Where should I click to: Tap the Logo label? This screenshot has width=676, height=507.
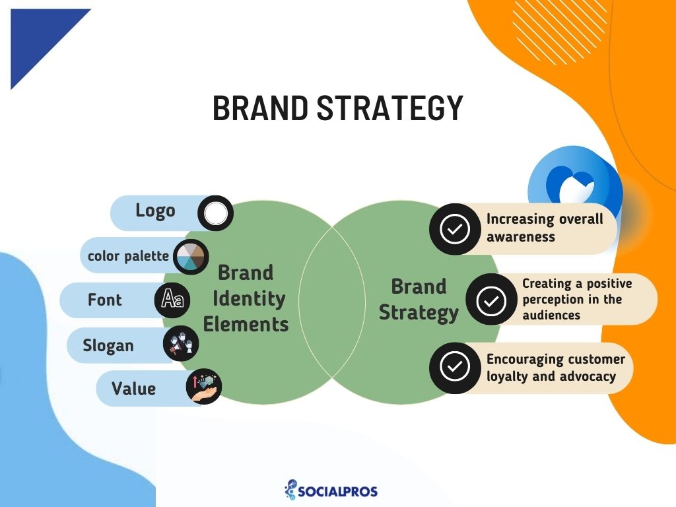tap(155, 211)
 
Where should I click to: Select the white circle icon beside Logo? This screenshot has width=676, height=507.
tap(215, 213)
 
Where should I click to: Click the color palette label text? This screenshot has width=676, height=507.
tap(128, 255)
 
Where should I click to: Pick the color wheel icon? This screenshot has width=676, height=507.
tap(191, 256)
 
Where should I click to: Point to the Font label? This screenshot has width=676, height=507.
tap(104, 300)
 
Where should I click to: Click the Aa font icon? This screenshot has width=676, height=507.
tap(173, 300)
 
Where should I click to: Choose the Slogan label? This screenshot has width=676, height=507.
tap(108, 345)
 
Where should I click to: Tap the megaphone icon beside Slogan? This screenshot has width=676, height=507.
tap(180, 344)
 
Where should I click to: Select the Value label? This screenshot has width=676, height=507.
tap(133, 388)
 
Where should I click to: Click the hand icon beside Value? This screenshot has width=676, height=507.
tap(204, 387)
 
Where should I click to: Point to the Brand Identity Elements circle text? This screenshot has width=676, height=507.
tap(246, 298)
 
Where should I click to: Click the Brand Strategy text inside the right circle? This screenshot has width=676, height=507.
tap(419, 299)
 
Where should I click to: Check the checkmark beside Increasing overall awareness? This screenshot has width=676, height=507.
tap(454, 228)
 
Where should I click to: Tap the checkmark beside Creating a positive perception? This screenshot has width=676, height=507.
tap(490, 300)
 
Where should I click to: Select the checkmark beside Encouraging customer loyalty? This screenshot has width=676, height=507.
tap(454, 367)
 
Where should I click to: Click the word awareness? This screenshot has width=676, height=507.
tap(521, 236)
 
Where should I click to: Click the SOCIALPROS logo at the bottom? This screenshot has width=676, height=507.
tap(331, 490)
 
